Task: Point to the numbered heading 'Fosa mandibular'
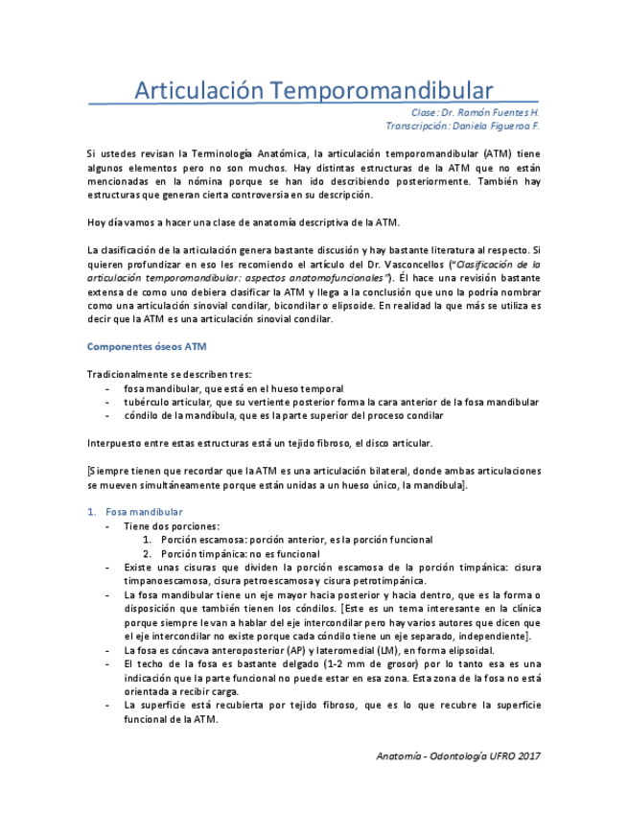(144, 512)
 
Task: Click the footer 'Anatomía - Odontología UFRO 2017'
(458, 755)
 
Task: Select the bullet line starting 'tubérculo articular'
(331, 403)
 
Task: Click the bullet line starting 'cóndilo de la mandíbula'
(283, 416)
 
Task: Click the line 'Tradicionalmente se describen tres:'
(170, 374)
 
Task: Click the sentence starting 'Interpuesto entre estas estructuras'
(260, 443)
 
